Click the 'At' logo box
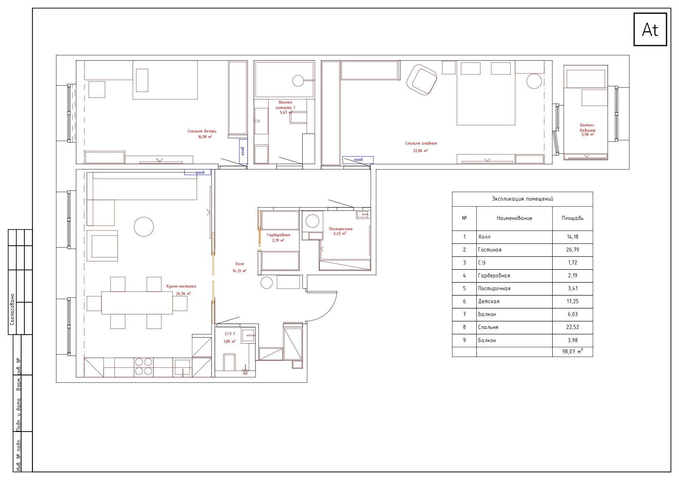(x=650, y=29)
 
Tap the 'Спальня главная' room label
(x=421, y=143)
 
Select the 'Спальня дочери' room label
(x=202, y=131)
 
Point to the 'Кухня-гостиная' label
(x=181, y=286)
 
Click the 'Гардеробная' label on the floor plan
(x=278, y=235)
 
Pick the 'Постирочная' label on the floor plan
(x=341, y=229)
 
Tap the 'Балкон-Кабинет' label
(x=587, y=128)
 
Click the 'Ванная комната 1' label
(x=285, y=105)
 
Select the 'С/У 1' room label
(x=229, y=334)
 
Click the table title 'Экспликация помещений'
(x=522, y=199)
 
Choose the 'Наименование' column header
(x=514, y=218)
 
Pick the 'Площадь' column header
(x=572, y=218)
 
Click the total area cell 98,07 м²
(x=572, y=351)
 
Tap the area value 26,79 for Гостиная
(x=572, y=250)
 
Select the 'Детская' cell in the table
(x=489, y=301)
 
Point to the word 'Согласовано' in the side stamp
(x=12, y=310)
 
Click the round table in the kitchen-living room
(x=144, y=226)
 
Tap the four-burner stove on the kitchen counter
(x=144, y=367)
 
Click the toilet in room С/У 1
(x=229, y=362)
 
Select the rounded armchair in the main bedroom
(x=422, y=80)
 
